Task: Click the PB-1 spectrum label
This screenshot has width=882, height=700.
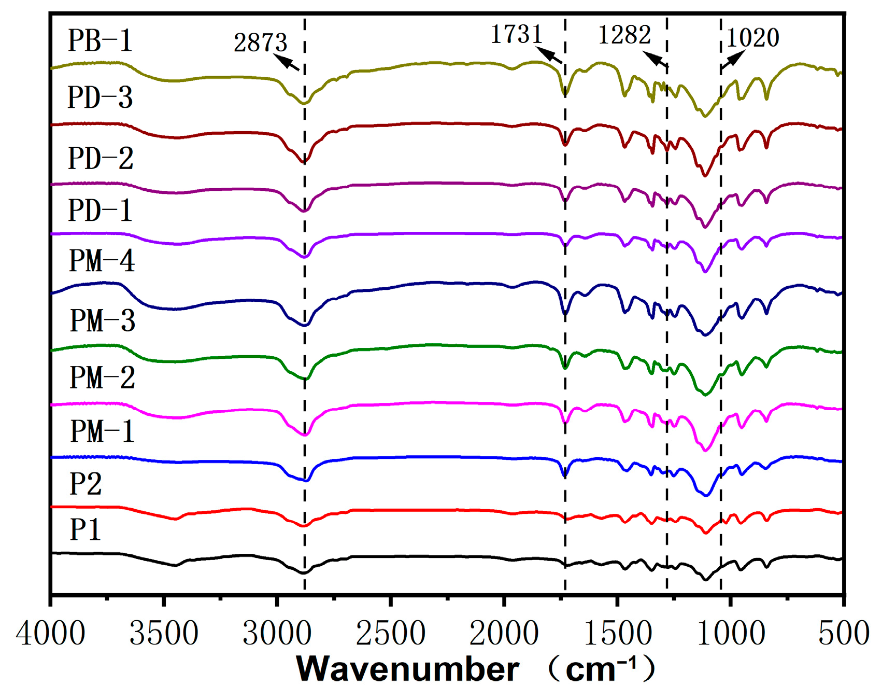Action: coord(100,40)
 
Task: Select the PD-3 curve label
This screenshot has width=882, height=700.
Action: coord(100,97)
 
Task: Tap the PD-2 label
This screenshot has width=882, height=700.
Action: coord(101,158)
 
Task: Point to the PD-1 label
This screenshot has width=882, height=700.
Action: coord(100,210)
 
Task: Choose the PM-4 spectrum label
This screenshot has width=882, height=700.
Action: coord(102,260)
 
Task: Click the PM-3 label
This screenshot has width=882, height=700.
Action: coord(102,320)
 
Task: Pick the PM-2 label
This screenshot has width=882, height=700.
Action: coord(102,377)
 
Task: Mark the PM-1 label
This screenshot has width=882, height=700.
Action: coord(102,431)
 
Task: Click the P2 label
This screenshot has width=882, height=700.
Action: coord(86,484)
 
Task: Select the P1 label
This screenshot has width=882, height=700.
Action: coord(85,529)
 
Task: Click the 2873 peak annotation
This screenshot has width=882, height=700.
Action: coord(260,43)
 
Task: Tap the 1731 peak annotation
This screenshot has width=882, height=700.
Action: coord(516,34)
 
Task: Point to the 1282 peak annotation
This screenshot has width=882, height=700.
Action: coord(624,35)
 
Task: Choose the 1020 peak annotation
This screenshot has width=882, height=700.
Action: coord(752,37)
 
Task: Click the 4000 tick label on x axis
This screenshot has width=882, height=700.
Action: coord(50,633)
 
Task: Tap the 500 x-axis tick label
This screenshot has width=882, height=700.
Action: coord(844,633)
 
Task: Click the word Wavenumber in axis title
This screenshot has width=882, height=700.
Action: coord(407,669)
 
